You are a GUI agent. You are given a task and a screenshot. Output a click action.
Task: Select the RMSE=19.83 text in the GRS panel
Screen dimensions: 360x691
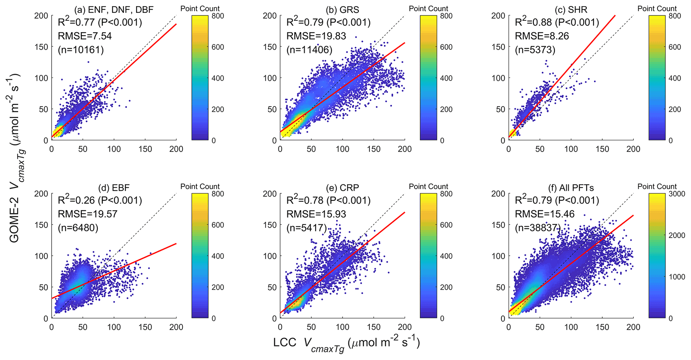point(316,36)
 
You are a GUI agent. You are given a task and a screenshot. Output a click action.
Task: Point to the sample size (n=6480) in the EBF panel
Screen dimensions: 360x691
point(78,228)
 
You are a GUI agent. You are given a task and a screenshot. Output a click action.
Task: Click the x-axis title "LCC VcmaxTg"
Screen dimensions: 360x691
point(346,344)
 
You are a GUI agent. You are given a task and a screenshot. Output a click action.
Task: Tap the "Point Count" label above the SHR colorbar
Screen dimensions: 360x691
point(657,9)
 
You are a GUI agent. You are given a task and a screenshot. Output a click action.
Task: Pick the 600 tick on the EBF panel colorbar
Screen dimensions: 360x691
point(218,225)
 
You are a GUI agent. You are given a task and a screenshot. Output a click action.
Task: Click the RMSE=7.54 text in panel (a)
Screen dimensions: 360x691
point(85,36)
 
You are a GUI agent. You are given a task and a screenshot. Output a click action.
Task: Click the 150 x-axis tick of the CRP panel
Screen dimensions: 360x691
point(374,327)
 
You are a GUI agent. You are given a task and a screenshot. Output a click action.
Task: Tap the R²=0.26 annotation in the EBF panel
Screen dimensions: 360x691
point(100,200)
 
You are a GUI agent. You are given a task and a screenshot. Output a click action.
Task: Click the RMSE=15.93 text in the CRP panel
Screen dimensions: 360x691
point(316,214)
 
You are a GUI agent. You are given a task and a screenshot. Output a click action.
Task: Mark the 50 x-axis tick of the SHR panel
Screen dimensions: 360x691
point(540,149)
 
